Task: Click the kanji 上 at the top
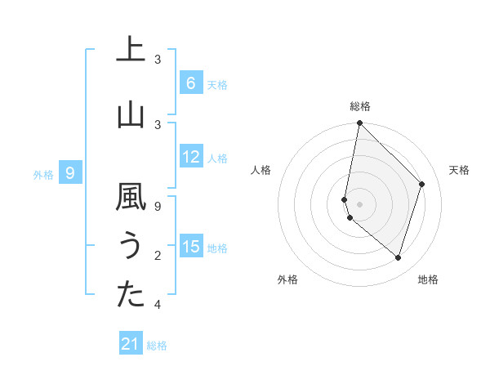coord(130,50)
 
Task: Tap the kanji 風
coord(130,197)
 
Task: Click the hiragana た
coord(130,296)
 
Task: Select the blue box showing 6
coord(190,83)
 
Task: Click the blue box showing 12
coord(190,157)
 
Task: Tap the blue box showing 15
coord(190,247)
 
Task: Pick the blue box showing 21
coord(131,344)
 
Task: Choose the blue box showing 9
coord(70,173)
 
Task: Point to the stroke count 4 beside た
coord(158,305)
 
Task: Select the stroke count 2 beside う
coord(158,256)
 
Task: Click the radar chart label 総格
coord(359,106)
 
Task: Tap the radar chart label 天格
coord(459,170)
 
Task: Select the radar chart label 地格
coord(428,279)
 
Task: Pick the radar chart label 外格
coord(287,279)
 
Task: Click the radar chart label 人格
coord(261,170)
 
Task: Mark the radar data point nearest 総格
coord(359,123)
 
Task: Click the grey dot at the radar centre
coord(359,203)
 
